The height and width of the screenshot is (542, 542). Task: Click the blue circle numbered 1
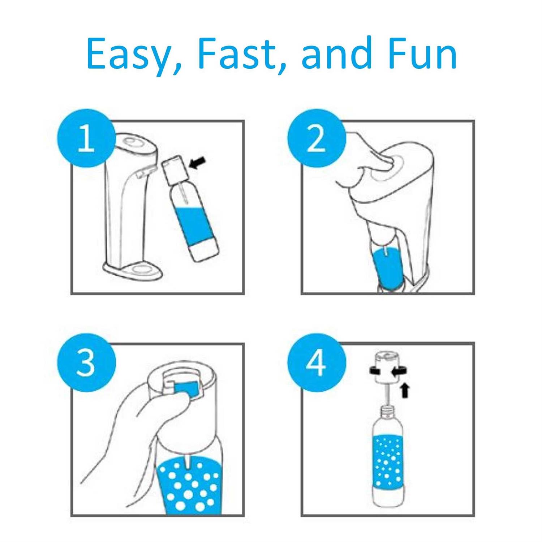pyautogui.click(x=86, y=138)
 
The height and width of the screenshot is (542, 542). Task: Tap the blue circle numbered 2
pyautogui.click(x=316, y=138)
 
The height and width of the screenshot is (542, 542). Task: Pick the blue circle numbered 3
pyautogui.click(x=86, y=362)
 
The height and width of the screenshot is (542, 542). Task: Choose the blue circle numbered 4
pyautogui.click(x=316, y=362)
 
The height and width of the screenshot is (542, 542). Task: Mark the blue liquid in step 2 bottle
pyautogui.click(x=387, y=266)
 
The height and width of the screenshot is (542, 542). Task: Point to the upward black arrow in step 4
pyautogui.click(x=405, y=390)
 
